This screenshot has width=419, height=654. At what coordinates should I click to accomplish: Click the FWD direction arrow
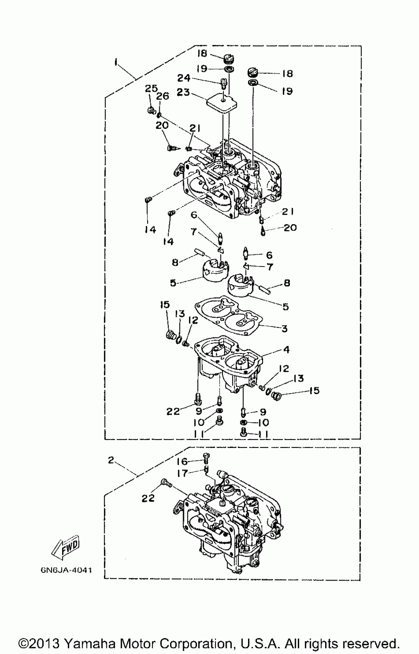tap(65, 548)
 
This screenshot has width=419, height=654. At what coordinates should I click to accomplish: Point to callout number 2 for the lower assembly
tap(111, 460)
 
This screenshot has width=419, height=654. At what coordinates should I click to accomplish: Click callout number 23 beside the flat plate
tap(183, 92)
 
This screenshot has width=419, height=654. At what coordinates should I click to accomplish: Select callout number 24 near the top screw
tap(184, 78)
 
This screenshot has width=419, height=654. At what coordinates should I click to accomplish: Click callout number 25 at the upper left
tap(151, 89)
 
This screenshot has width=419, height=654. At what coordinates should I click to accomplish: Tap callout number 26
tap(163, 97)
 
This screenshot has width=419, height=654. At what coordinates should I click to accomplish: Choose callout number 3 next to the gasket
tap(285, 328)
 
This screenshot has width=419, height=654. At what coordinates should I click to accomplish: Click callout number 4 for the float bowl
tap(286, 350)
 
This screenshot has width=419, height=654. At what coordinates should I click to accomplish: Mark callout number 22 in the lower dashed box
tap(148, 498)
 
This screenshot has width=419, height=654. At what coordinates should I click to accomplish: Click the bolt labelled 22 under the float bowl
tap(198, 396)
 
